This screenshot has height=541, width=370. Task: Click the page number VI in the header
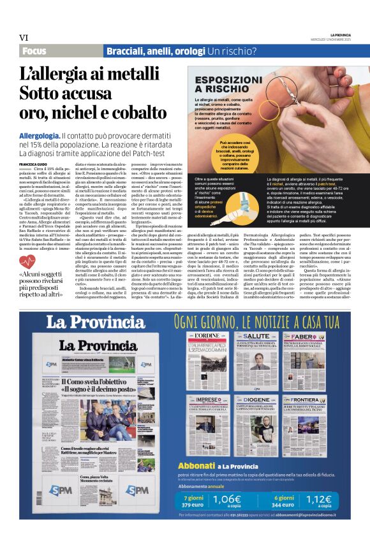coord(24,38)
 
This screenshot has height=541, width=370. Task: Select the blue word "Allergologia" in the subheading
coord(40,136)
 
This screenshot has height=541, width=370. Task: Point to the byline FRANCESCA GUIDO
coord(33,164)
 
